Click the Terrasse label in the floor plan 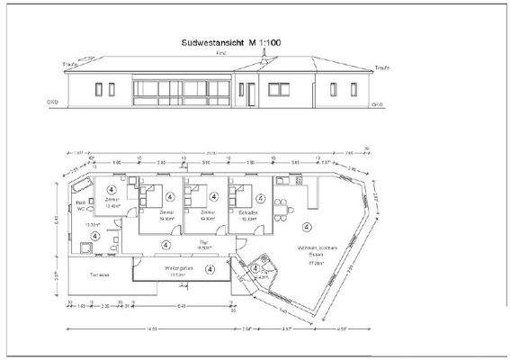100,274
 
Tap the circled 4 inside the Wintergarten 210,268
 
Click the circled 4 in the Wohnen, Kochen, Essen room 306,225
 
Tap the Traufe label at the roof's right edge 381,67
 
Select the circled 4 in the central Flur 165,243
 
